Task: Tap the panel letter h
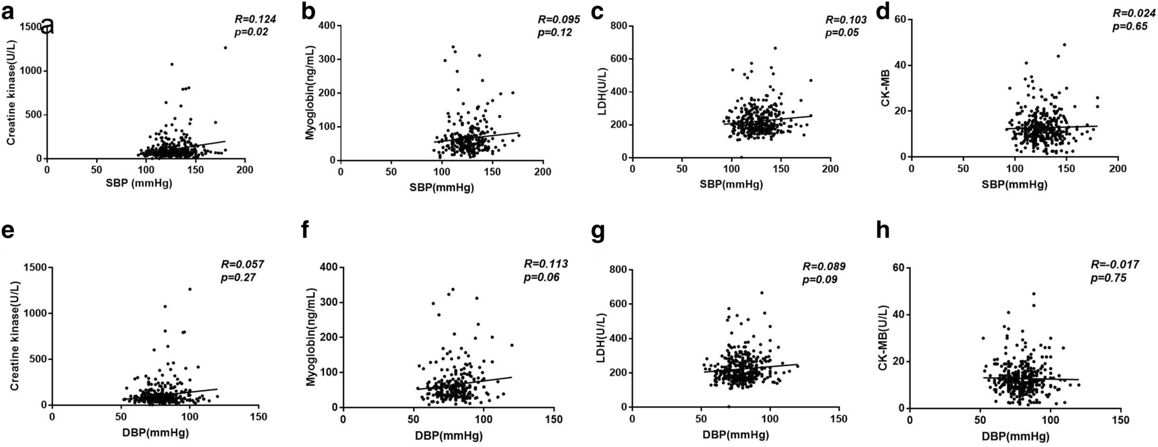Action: (x=884, y=232)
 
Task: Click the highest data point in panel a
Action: (x=225, y=48)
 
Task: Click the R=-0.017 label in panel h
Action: (x=1114, y=265)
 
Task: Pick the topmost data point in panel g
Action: (x=762, y=293)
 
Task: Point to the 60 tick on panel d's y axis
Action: (x=900, y=19)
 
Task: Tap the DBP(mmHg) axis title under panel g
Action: (x=735, y=435)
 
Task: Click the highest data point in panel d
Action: (x=1064, y=44)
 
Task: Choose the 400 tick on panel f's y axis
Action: (x=330, y=268)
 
